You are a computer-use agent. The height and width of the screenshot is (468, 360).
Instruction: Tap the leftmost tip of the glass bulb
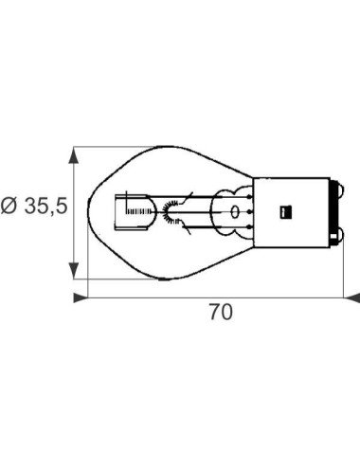pos(88,213)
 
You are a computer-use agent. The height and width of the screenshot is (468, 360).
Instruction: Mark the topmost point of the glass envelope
pos(166,148)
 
